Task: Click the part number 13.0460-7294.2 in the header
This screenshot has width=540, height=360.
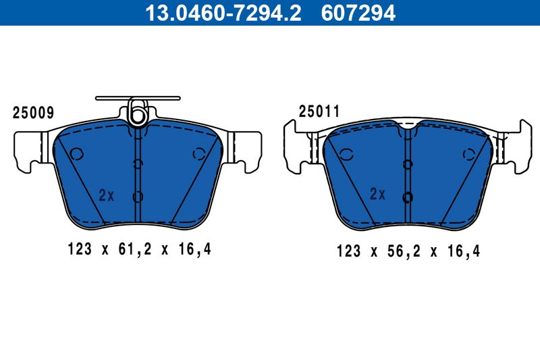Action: click(x=223, y=13)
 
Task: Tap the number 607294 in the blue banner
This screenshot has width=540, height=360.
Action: click(x=358, y=13)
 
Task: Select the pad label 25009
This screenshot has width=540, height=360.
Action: click(x=33, y=113)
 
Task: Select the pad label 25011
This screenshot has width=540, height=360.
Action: click(x=319, y=111)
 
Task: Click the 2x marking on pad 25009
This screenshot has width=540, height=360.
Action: click(x=107, y=195)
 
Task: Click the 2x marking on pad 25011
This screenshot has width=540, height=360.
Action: click(x=377, y=194)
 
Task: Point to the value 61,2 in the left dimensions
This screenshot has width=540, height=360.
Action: click(x=134, y=249)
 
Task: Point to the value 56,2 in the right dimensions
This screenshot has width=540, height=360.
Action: click(x=404, y=251)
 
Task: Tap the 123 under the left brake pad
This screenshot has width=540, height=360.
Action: click(x=80, y=249)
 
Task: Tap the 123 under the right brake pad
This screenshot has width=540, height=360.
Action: click(x=348, y=251)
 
